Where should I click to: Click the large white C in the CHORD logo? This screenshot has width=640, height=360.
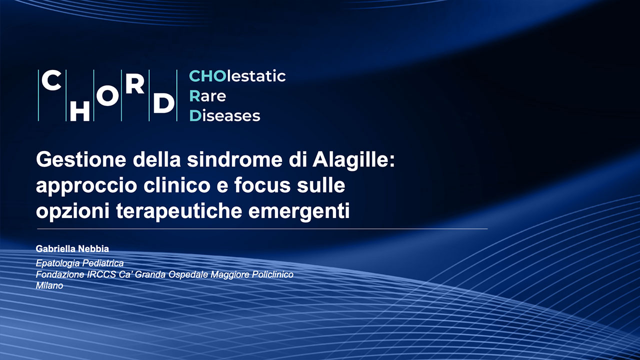pos(51,80)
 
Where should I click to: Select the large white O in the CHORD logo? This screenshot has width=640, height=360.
pos(107,95)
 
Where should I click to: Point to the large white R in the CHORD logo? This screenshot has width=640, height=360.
pos(134,84)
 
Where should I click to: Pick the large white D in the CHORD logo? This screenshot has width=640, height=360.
pos(163,102)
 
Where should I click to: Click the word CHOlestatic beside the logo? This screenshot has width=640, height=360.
pos(237,76)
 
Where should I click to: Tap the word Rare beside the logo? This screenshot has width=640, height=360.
pos(207,96)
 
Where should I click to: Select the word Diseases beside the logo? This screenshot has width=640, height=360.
pos(225,115)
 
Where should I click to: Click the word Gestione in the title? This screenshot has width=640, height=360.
pos(81,160)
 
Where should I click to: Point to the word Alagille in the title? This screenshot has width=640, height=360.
pos(350,159)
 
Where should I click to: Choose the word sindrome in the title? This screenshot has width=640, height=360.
pos(235,159)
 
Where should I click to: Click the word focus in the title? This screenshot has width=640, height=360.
pos(262,185)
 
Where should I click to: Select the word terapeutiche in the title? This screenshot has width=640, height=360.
pos(179,211)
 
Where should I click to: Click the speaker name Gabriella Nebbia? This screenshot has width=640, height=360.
pos(72,249)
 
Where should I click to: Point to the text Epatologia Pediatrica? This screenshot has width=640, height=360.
pos(79,263)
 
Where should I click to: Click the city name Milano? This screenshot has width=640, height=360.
pos(49,285)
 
